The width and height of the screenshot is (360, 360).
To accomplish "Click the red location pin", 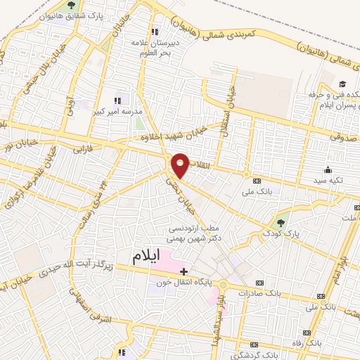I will [x=181, y=165].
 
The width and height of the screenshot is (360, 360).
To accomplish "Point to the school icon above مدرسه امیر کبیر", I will [x=117, y=101].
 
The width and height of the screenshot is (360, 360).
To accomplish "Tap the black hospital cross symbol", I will [x=184, y=271].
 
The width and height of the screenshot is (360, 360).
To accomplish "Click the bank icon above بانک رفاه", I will [x=306, y=333].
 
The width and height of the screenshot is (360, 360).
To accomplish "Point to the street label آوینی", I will [x=69, y=103].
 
